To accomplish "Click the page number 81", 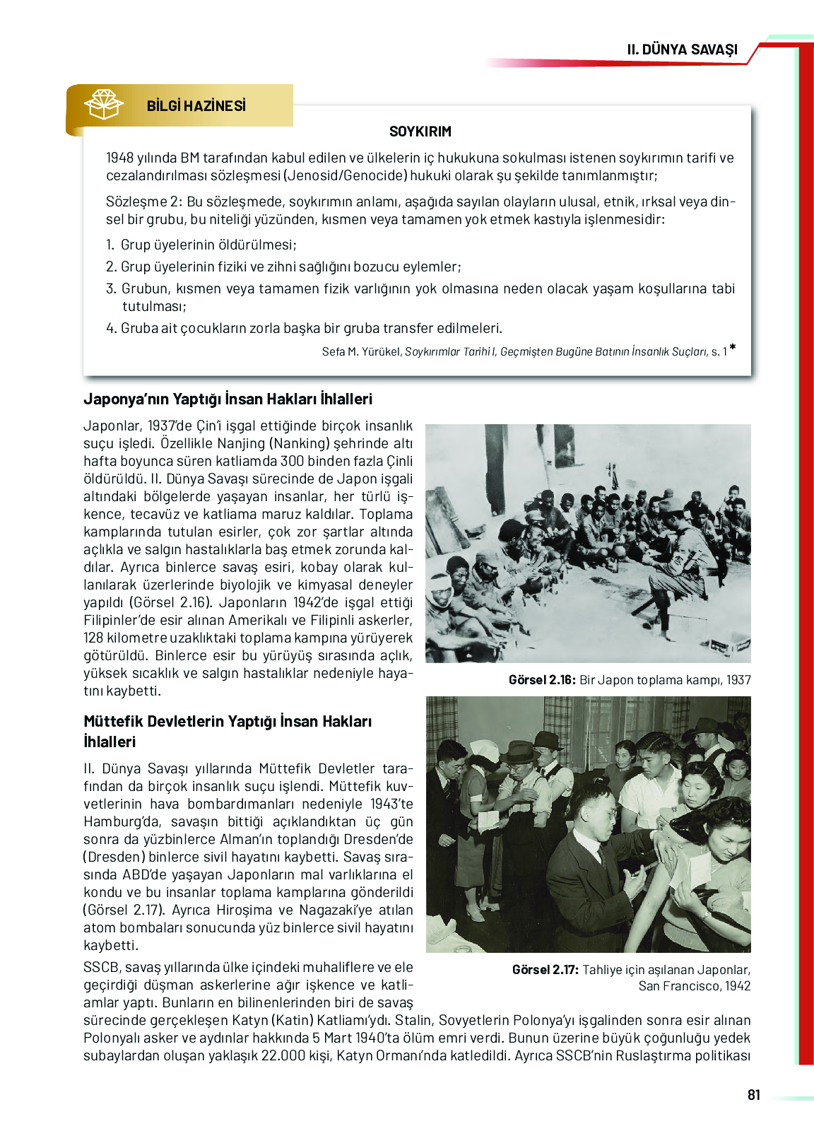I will (x=753, y=1095).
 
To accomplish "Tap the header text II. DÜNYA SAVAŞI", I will (x=682, y=49).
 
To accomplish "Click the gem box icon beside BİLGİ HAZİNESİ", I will (x=103, y=105).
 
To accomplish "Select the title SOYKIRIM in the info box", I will (x=420, y=131).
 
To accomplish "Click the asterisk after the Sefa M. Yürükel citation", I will (x=733, y=348).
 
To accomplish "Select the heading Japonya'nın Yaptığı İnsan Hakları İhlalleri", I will (x=228, y=399).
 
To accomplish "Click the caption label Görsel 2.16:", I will (x=542, y=680).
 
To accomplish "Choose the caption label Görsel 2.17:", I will (x=545, y=970).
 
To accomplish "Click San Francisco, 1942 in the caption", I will (x=694, y=986).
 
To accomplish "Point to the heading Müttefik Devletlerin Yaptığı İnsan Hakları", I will (x=228, y=722).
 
